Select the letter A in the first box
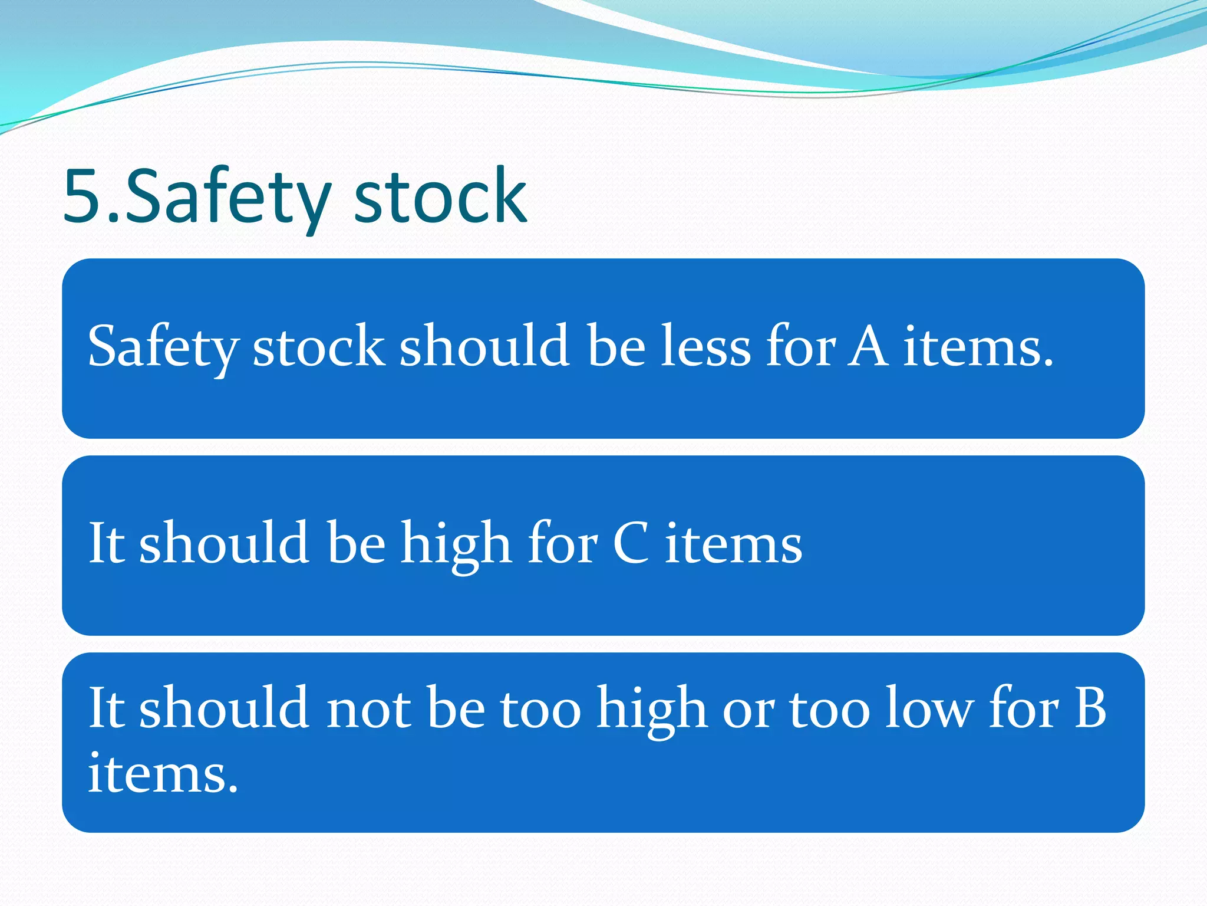(x=868, y=346)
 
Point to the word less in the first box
(x=705, y=346)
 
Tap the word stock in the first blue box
(x=319, y=346)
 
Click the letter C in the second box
(x=631, y=543)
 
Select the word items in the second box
(x=734, y=543)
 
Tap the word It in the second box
(x=106, y=543)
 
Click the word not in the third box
(x=368, y=708)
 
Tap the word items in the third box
(x=163, y=773)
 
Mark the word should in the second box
(x=224, y=543)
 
